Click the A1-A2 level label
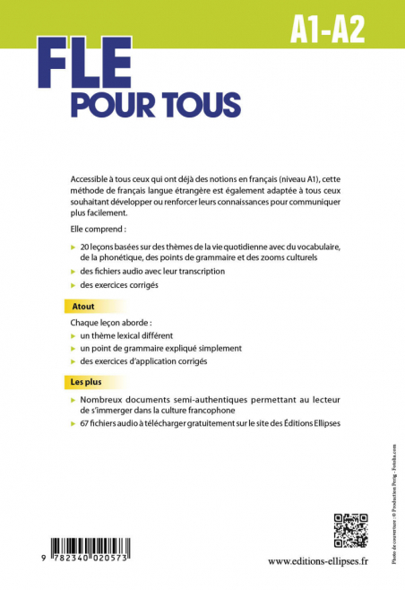pos(326,30)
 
